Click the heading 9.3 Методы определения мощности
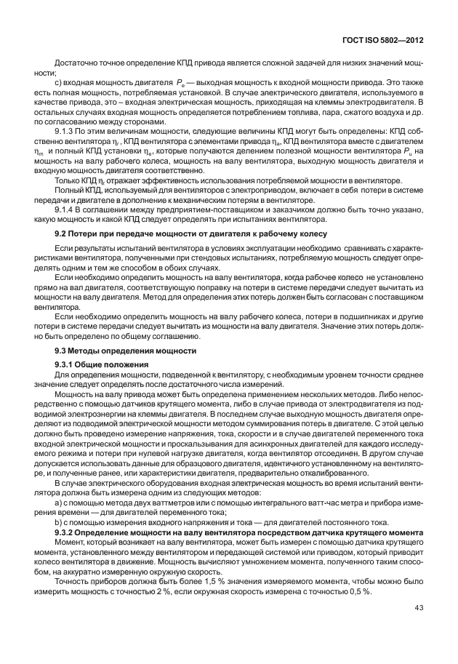click(126, 350)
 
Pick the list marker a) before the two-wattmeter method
click(59, 503)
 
